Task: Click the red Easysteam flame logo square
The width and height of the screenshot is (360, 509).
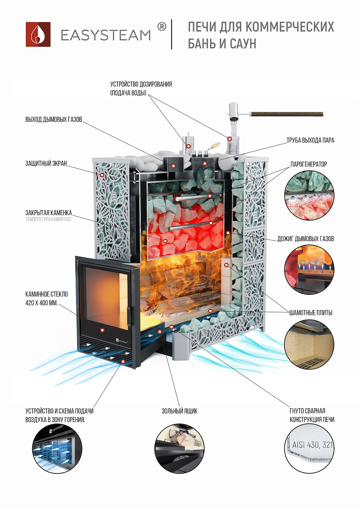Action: pos(38,34)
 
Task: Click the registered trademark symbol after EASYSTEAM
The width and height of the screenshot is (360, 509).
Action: pos(162,26)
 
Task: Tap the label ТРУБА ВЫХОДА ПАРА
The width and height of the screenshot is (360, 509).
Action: pos(310,140)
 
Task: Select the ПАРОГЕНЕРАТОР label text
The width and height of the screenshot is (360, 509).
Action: pos(308,164)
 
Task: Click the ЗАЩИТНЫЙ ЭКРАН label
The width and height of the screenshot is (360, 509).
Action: pos(46,163)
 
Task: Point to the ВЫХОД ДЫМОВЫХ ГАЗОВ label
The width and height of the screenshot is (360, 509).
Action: pos(54,119)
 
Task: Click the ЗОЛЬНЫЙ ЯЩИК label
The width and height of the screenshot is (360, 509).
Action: pos(179,411)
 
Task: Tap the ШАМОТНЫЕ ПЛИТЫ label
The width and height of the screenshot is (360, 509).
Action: pos(310,313)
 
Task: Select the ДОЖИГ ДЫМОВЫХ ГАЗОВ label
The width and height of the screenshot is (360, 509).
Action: pos(305,239)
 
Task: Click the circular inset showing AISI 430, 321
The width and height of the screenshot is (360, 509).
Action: pos(309,448)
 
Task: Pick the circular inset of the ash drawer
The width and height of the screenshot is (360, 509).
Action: pos(179,448)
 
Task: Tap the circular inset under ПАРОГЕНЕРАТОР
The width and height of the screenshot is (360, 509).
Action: pos(309,195)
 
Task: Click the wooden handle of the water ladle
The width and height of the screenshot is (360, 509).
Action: pos(287,114)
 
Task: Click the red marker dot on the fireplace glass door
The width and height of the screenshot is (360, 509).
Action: pos(102,330)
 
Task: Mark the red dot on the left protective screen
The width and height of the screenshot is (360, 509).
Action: pos(102,175)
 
